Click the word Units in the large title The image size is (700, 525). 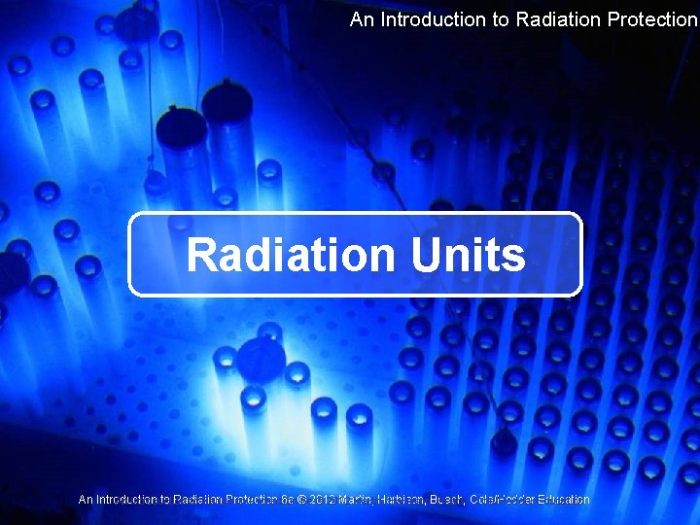[468, 256]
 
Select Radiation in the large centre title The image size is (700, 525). [291, 256]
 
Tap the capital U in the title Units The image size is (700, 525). [426, 256]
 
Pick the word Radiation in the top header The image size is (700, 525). [552, 19]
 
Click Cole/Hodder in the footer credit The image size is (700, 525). [499, 500]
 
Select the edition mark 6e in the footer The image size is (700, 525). [286, 500]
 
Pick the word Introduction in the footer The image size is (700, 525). [126, 500]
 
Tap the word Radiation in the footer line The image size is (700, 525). [195, 500]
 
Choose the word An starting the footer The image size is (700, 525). [86, 500]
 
